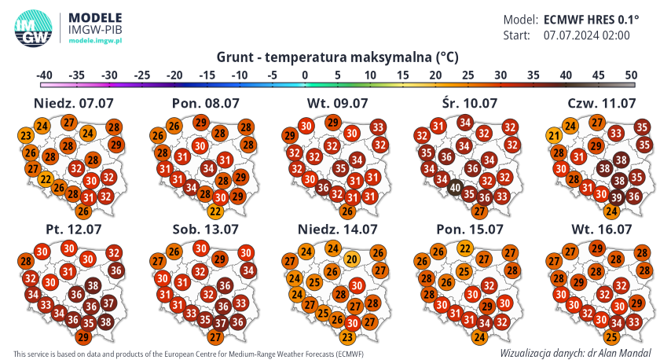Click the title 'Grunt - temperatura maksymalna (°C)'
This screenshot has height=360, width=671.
[336, 57]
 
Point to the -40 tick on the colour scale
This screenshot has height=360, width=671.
[44, 75]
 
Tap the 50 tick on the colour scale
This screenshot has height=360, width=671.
[630, 75]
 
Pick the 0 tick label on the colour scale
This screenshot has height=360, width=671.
[304, 75]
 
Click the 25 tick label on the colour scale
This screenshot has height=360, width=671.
[467, 75]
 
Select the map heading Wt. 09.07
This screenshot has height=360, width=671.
[336, 103]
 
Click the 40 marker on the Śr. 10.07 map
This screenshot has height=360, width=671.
[455, 188]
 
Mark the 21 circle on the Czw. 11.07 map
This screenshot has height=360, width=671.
[555, 137]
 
